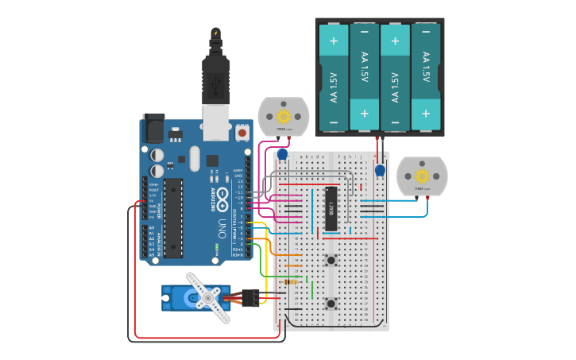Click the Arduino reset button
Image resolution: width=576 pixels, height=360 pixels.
coord(242,133)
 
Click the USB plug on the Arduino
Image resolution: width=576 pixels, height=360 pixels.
coord(215,79)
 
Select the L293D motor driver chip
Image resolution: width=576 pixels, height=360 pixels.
coord(331,208)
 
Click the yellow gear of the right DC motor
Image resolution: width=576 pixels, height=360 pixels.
coord(422,176)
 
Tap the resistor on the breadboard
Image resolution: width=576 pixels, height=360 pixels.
coord(291,281)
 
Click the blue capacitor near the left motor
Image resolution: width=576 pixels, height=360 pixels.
coord(282,153)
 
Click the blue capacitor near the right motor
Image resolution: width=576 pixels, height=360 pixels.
coord(380,170)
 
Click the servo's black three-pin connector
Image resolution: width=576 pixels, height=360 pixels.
coord(251,298)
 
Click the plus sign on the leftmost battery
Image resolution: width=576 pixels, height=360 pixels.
coord(334,41)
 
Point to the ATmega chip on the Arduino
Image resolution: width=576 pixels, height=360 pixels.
coord(173,218)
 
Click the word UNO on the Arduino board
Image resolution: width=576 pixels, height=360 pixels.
coord(222,230)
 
